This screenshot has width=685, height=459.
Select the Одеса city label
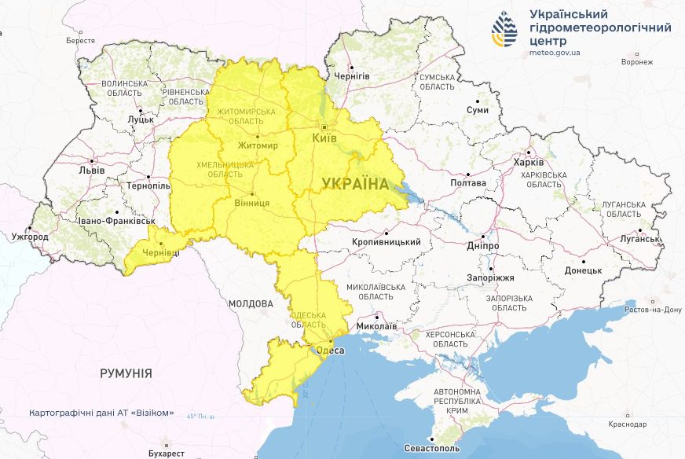tap(329, 350)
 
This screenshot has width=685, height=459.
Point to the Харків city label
tap(528, 162)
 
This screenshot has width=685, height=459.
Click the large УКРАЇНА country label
tap(355, 184)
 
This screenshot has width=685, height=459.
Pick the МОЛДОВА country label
tap(251, 303)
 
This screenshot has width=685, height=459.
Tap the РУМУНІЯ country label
tap(126, 373)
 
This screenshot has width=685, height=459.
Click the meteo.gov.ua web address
tap(555, 53)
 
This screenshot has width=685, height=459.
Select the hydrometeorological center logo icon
tap(504, 29)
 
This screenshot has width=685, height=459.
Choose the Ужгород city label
tap(29, 237)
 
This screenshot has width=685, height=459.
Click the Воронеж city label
tap(636, 61)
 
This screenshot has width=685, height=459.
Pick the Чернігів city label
tap(352, 76)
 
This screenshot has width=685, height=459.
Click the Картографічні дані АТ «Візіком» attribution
tap(101, 413)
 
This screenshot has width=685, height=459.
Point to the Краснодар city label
tap(627, 424)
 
